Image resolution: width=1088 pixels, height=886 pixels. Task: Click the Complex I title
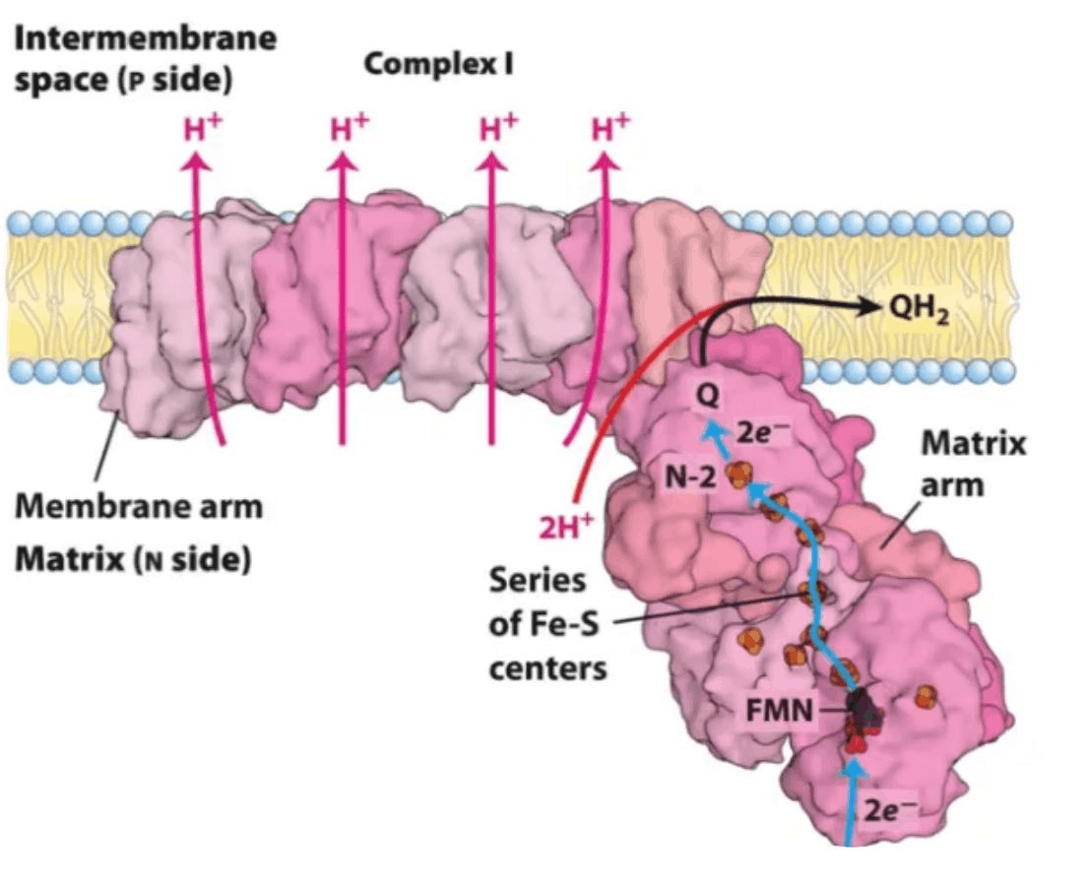[438, 66]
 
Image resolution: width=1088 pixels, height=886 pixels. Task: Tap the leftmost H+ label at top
[202, 130]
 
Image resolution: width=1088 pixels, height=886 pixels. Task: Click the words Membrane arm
[139, 507]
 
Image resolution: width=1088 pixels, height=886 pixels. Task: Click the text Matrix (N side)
[132, 560]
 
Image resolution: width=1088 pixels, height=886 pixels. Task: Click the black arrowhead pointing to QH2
[866, 306]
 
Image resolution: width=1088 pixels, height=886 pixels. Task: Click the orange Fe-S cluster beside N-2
[737, 477]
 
